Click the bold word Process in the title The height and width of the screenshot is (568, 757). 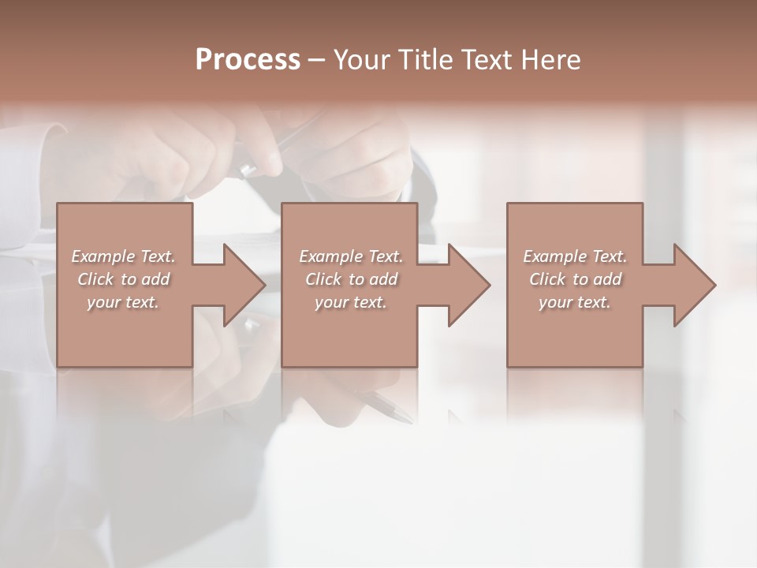pos(248,60)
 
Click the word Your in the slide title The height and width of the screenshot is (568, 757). pos(361,60)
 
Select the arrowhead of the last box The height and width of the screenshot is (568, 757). pos(693,285)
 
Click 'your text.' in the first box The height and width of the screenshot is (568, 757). pos(123,303)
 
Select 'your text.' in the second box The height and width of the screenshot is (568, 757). pos(351,303)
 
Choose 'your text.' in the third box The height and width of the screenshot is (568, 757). pos(575,303)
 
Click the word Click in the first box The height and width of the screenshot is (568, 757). pos(95,280)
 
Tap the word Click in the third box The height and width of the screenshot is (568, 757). pos(547,280)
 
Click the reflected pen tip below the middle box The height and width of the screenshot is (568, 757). pos(399,414)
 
